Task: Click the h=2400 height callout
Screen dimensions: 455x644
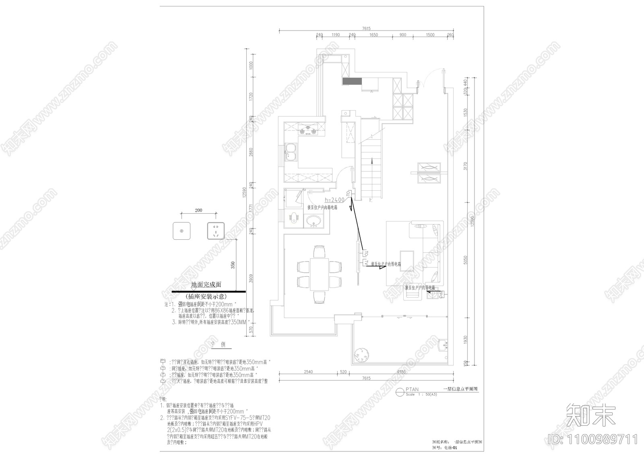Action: coord(334,200)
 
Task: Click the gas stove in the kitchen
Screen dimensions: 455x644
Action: coord(308,130)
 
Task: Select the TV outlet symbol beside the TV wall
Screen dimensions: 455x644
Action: coord(366,263)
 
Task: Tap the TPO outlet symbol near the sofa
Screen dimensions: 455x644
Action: coord(441,295)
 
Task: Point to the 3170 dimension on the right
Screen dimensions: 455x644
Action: coord(465,166)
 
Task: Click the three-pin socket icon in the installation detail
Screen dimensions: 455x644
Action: coord(215,231)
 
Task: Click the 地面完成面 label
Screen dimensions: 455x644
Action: coord(206,284)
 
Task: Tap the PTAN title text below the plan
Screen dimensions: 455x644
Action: coord(413,389)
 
